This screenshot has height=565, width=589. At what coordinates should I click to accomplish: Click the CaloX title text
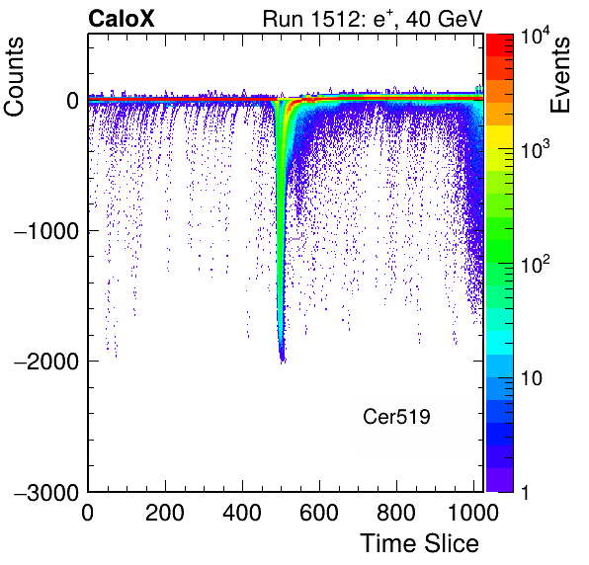(x=122, y=18)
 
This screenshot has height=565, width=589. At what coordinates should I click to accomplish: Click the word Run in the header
(x=283, y=19)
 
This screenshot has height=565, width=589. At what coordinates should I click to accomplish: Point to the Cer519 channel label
(x=396, y=416)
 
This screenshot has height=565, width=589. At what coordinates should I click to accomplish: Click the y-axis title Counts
(x=14, y=76)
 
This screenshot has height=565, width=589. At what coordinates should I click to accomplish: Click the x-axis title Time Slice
(x=420, y=543)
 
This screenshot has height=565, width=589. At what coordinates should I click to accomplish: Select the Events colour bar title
(x=559, y=74)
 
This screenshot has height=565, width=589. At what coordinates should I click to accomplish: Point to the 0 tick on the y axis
(x=73, y=101)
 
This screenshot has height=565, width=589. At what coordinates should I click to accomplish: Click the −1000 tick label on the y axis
(x=46, y=231)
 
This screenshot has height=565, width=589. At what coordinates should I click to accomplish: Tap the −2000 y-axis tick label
(x=46, y=362)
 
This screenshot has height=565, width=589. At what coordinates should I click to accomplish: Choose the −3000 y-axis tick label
(x=46, y=492)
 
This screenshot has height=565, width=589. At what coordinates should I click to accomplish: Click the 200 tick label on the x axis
(x=165, y=513)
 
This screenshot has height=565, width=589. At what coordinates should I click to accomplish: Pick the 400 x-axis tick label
(x=242, y=513)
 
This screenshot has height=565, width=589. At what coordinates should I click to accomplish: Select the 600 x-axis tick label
(x=319, y=513)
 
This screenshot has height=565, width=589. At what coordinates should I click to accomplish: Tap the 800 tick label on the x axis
(x=396, y=513)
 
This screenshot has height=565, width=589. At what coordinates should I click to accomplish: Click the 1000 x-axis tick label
(x=473, y=513)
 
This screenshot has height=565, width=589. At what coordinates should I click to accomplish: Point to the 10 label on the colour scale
(x=531, y=378)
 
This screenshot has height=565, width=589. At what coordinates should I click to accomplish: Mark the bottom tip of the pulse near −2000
(x=283, y=363)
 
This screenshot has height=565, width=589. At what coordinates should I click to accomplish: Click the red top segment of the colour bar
(x=500, y=45)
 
